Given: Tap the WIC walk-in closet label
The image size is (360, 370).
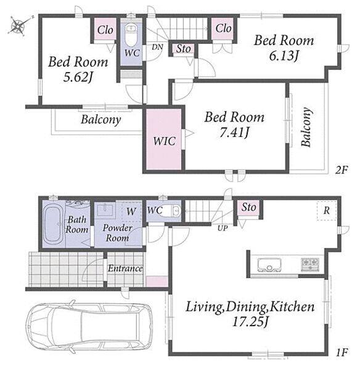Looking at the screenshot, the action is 164,141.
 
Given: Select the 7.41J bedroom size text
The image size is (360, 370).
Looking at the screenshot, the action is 234,133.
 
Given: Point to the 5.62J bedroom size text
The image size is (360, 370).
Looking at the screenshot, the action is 78,76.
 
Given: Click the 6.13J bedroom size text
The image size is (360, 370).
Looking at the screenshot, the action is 284,55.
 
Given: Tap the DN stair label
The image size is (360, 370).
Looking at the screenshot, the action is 157,47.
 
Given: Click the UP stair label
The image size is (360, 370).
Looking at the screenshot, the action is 223,228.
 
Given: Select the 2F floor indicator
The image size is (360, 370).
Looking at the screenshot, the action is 342,170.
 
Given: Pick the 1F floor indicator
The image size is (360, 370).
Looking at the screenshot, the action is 342,353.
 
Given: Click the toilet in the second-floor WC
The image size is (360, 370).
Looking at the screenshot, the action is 131,35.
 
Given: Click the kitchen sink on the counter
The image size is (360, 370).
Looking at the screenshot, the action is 269,265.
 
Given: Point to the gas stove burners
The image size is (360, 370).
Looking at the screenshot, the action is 310,264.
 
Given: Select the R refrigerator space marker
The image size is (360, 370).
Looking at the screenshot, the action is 327,210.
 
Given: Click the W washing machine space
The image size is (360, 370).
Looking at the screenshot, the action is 131,211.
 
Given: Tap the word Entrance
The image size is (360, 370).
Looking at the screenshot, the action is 125,268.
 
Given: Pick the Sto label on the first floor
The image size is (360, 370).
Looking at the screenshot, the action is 248,207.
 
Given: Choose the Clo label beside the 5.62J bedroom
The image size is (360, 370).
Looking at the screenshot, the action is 105,30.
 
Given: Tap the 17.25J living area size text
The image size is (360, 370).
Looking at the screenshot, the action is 250,321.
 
